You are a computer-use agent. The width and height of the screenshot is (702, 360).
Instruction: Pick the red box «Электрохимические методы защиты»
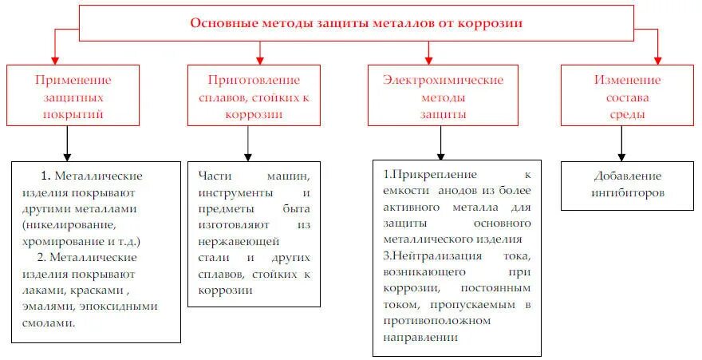pos(443,97)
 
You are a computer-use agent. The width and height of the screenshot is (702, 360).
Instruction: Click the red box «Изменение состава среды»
pos(627,97)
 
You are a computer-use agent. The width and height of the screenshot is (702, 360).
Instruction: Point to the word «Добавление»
pos(628,176)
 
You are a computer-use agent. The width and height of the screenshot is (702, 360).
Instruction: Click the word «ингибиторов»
pos(628,192)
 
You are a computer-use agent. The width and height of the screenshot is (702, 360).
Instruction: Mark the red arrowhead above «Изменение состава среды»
pos(658,58)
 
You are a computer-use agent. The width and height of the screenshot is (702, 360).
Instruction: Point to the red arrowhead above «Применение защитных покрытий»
pos(54,58)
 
